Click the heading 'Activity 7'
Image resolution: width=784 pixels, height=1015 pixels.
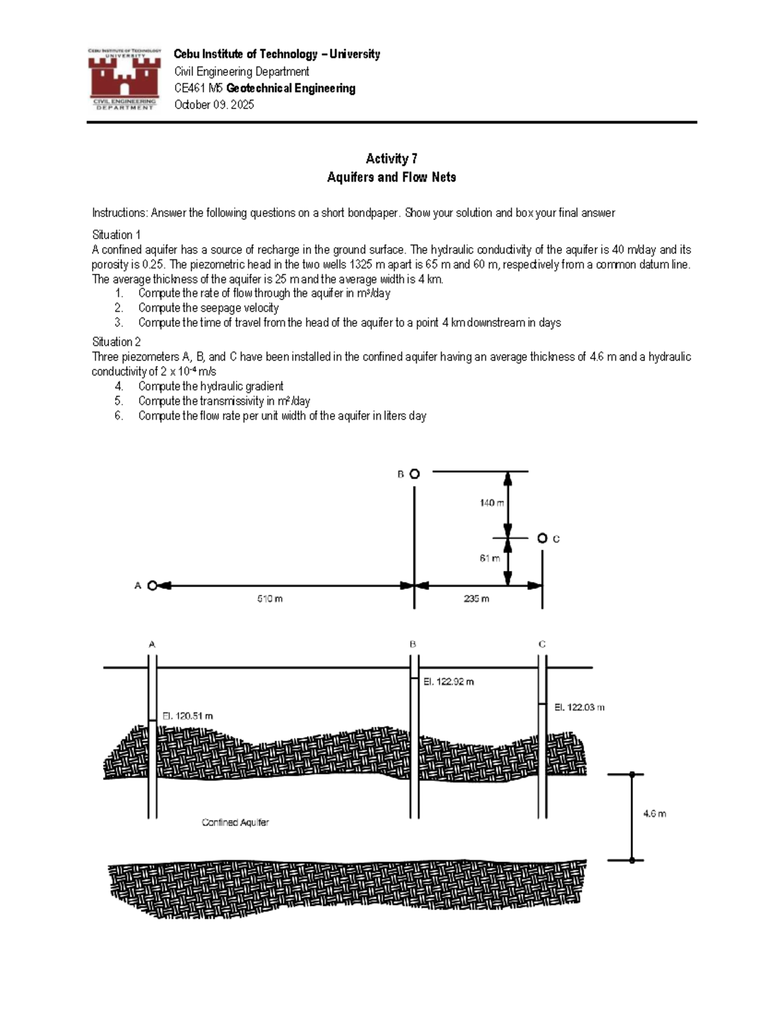[391, 159]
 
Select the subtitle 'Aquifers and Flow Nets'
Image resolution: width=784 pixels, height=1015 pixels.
[391, 177]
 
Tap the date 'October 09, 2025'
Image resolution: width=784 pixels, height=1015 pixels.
[214, 105]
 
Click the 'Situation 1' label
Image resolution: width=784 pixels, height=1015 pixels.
[116, 235]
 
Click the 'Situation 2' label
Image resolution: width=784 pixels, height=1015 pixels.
[116, 342]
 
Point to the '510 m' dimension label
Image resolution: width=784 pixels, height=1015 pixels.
[270, 599]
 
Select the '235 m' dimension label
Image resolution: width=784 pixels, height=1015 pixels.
[476, 599]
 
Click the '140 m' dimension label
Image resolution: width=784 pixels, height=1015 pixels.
[491, 503]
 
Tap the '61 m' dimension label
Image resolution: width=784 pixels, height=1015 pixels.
[489, 558]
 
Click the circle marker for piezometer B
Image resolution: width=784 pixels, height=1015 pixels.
[414, 474]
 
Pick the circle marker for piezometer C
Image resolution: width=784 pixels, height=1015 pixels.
[542, 538]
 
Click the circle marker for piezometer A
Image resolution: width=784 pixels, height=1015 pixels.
[152, 586]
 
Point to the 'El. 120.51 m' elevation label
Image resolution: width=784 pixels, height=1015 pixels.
[188, 716]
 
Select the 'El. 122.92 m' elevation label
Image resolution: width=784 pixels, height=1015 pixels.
[448, 682]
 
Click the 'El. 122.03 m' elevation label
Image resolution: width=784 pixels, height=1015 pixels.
[579, 707]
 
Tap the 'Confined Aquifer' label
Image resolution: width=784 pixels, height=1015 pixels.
[235, 823]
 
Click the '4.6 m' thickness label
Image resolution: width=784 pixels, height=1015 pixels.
[654, 814]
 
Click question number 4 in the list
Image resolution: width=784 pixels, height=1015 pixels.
[118, 386]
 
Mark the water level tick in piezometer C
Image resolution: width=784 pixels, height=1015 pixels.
[542, 705]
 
